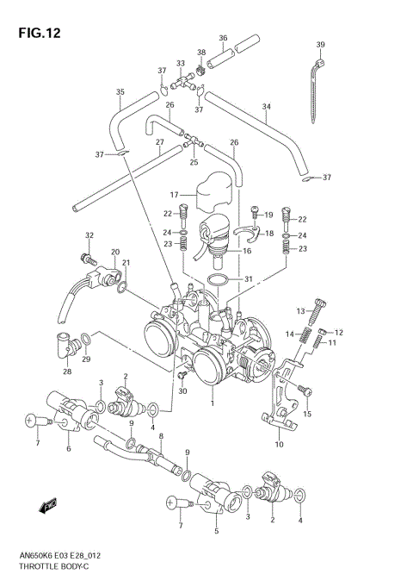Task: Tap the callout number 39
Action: pyautogui.click(x=320, y=45)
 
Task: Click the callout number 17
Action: pyautogui.click(x=173, y=194)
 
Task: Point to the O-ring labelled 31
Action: pyautogui.click(x=219, y=281)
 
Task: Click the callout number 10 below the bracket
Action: pyautogui.click(x=278, y=444)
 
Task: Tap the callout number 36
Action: pyautogui.click(x=222, y=38)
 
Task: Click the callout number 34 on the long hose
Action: pyautogui.click(x=267, y=108)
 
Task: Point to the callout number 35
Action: pyautogui.click(x=120, y=92)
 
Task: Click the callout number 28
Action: pyautogui.click(x=66, y=372)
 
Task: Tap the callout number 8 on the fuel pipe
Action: pyautogui.click(x=160, y=437)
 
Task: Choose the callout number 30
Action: pyautogui.click(x=182, y=392)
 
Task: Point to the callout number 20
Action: pyautogui.click(x=114, y=253)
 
